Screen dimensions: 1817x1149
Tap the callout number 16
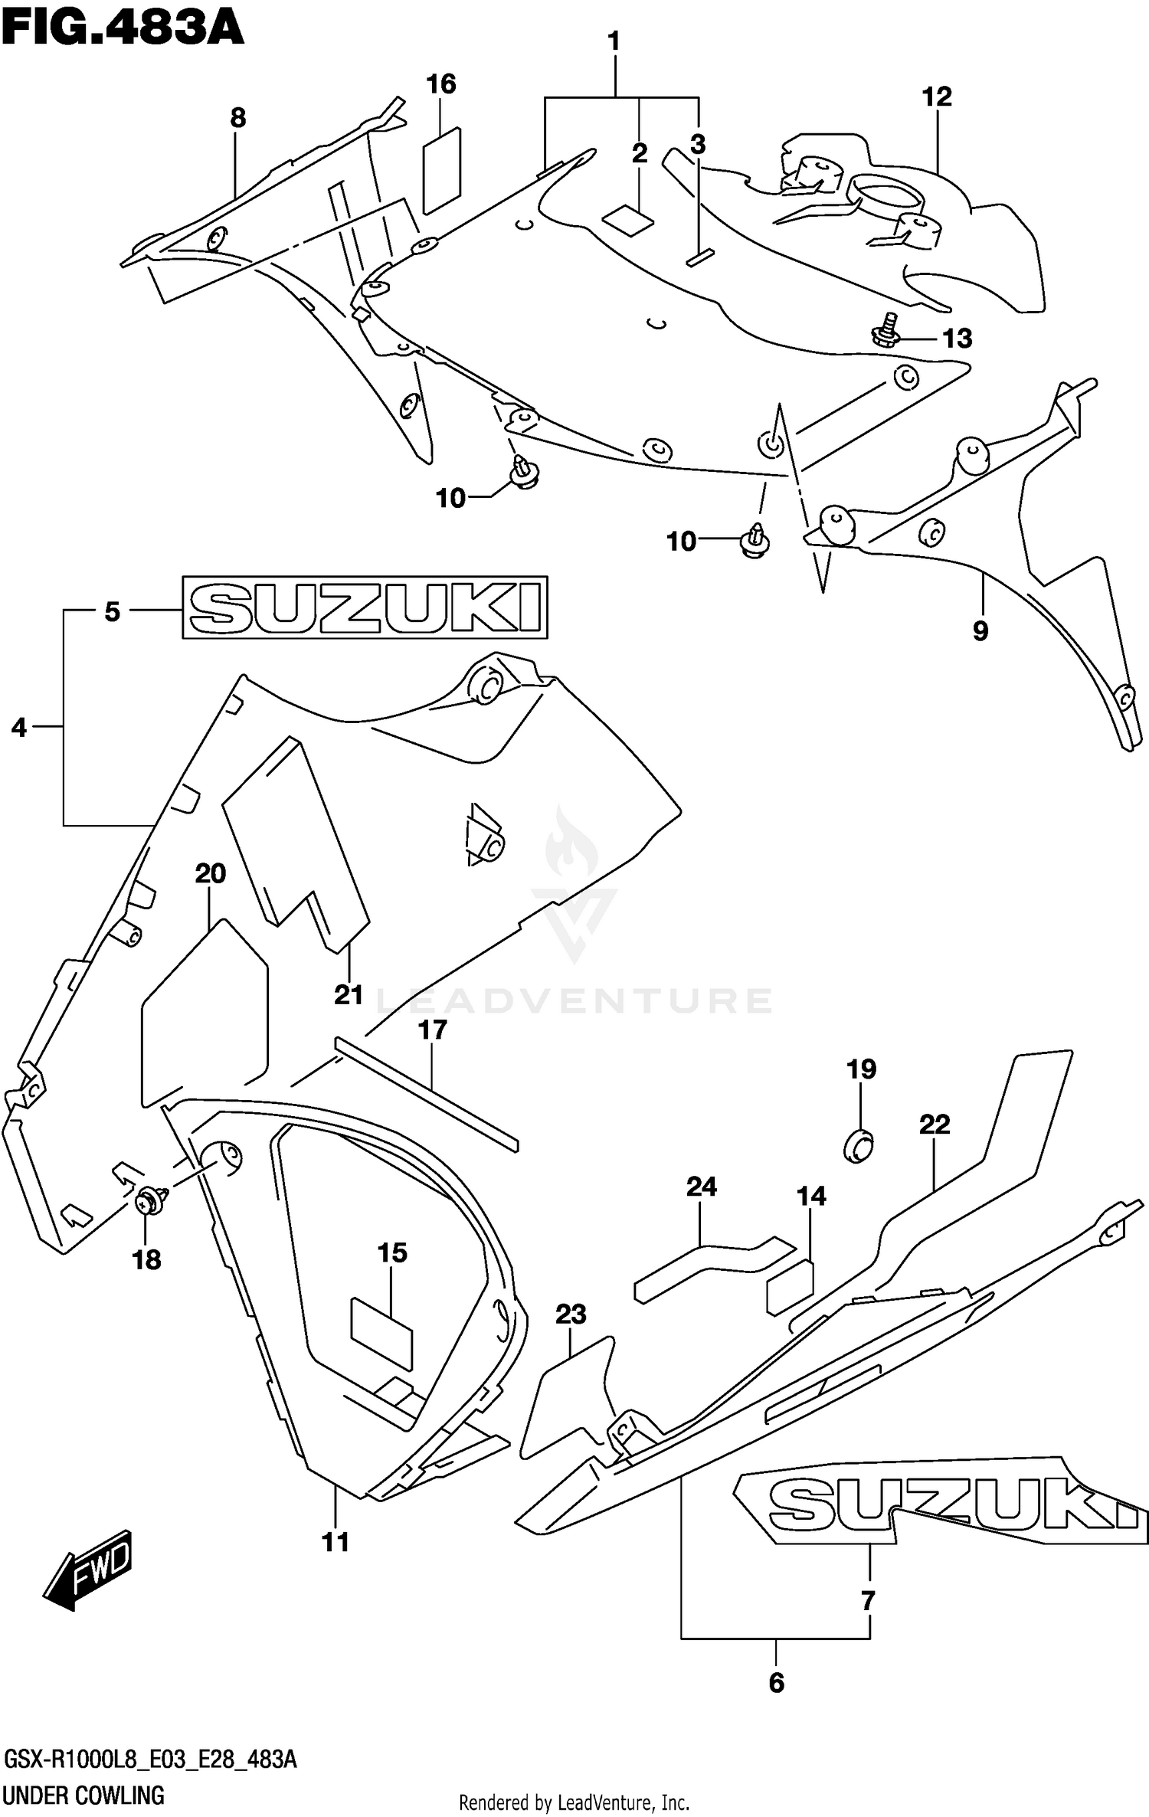[x=441, y=83]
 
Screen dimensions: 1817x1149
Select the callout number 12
[x=936, y=97]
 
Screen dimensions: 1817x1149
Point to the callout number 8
[x=237, y=118]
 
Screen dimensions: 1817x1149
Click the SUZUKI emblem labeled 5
[x=365, y=607]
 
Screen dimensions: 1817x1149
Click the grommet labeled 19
[x=859, y=1146]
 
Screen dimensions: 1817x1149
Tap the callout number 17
[x=432, y=1030]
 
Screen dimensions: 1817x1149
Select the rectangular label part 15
[x=381, y=1332]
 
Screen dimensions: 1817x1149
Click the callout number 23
[x=571, y=1314]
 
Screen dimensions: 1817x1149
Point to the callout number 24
[x=701, y=1187]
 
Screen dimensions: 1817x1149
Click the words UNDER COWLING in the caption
[x=83, y=1796]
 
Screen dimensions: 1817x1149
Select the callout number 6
[x=776, y=1682]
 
